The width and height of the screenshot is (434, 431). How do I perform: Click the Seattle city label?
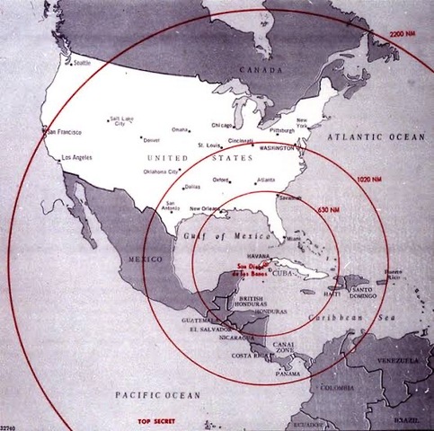point(82,63)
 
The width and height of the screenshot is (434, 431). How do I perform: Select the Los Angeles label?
point(75,159)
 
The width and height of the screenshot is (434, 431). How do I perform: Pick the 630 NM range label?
point(328,209)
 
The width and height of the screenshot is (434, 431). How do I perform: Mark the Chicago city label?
point(222,126)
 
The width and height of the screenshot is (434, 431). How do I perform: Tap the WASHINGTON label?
point(280,145)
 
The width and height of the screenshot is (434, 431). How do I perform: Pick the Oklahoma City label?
point(159,170)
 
